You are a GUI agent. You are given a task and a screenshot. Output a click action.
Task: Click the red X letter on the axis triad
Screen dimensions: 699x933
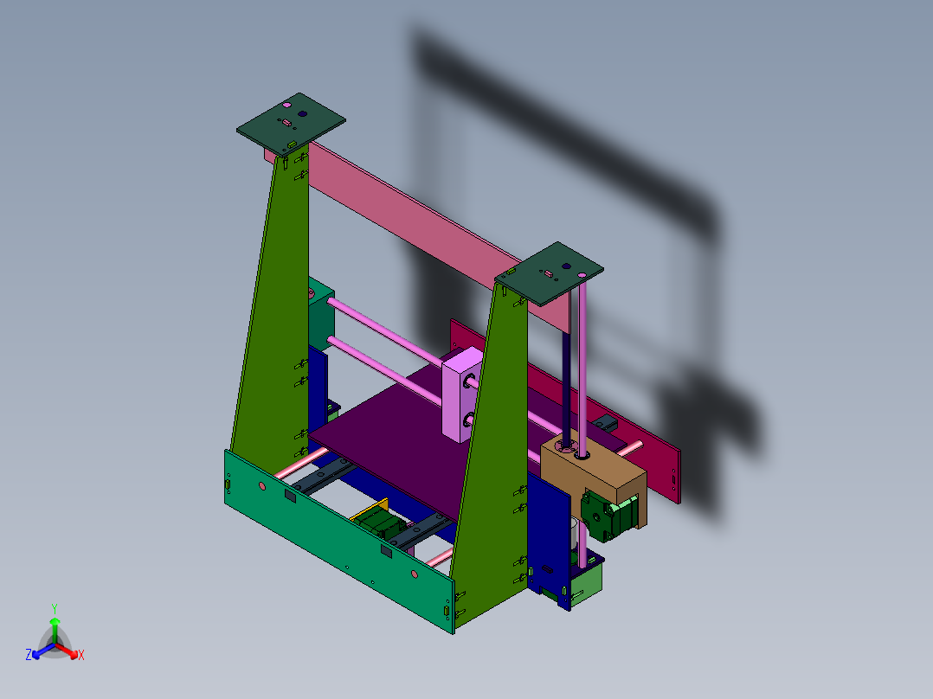coord(81,656)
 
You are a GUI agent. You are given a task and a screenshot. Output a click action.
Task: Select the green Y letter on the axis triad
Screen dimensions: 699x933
coord(55,608)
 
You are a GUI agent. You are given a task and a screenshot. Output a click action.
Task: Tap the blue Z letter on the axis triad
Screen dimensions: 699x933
coord(29,655)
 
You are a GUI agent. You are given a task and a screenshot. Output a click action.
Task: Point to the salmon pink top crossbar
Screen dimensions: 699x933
coord(407,208)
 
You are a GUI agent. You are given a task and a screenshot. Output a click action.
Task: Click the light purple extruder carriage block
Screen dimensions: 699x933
coord(462,394)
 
